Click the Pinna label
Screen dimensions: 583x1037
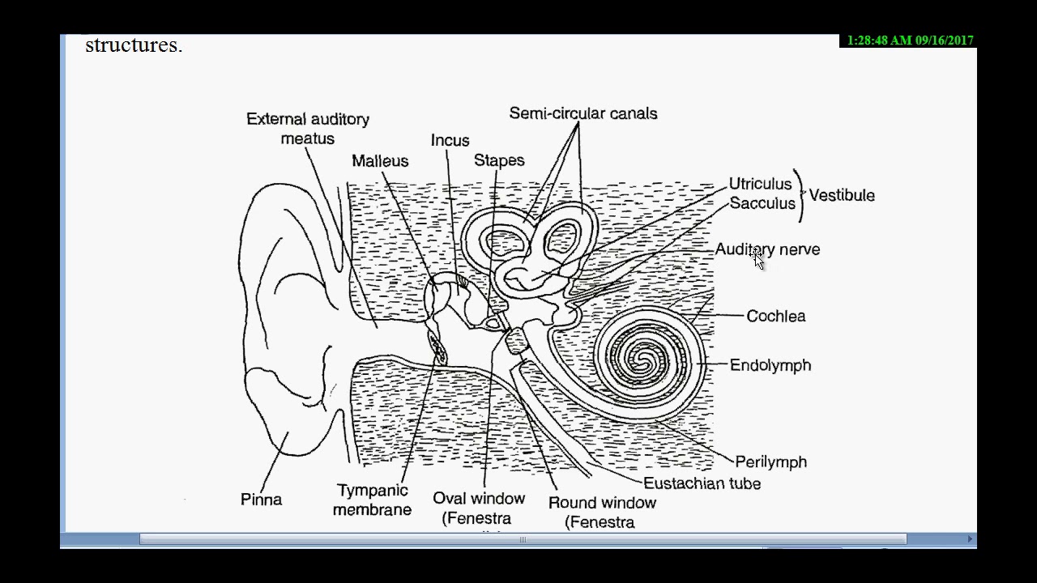coord(261,500)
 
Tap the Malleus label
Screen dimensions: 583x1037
coord(380,161)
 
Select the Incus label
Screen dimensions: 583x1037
coord(450,140)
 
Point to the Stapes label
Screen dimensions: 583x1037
coord(499,160)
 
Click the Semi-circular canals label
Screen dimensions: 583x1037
coord(583,113)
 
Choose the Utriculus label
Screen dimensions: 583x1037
coord(760,184)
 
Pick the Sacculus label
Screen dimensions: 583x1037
coord(762,203)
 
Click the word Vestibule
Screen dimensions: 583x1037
coord(842,195)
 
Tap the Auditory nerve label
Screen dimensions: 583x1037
coord(767,249)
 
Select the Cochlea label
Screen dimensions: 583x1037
coord(776,316)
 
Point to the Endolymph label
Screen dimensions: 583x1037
coord(770,365)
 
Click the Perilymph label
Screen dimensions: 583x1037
coord(771,462)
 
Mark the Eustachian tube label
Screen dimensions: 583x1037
coord(702,483)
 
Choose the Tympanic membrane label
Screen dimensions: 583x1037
coord(373,500)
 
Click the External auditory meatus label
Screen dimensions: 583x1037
coord(308,129)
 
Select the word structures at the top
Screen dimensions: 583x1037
coord(134,45)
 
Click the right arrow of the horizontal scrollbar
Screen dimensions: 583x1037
coord(970,539)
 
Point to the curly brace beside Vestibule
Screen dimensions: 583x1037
coord(800,195)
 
